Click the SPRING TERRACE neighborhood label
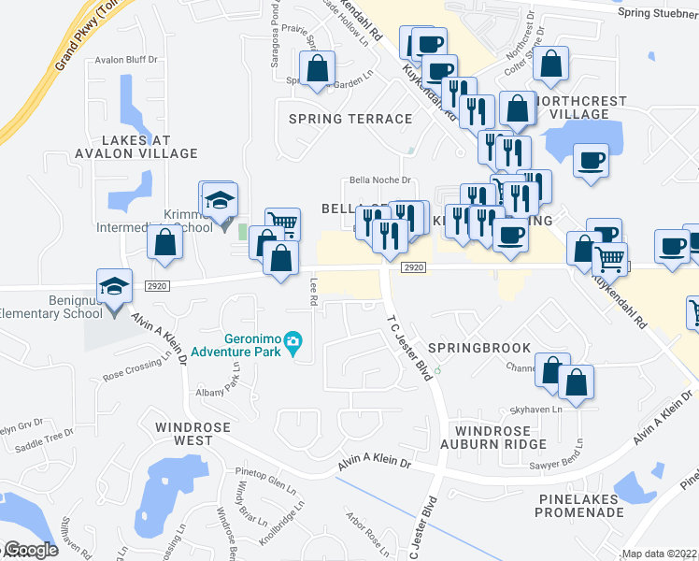[350, 119]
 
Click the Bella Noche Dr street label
[379, 180]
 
